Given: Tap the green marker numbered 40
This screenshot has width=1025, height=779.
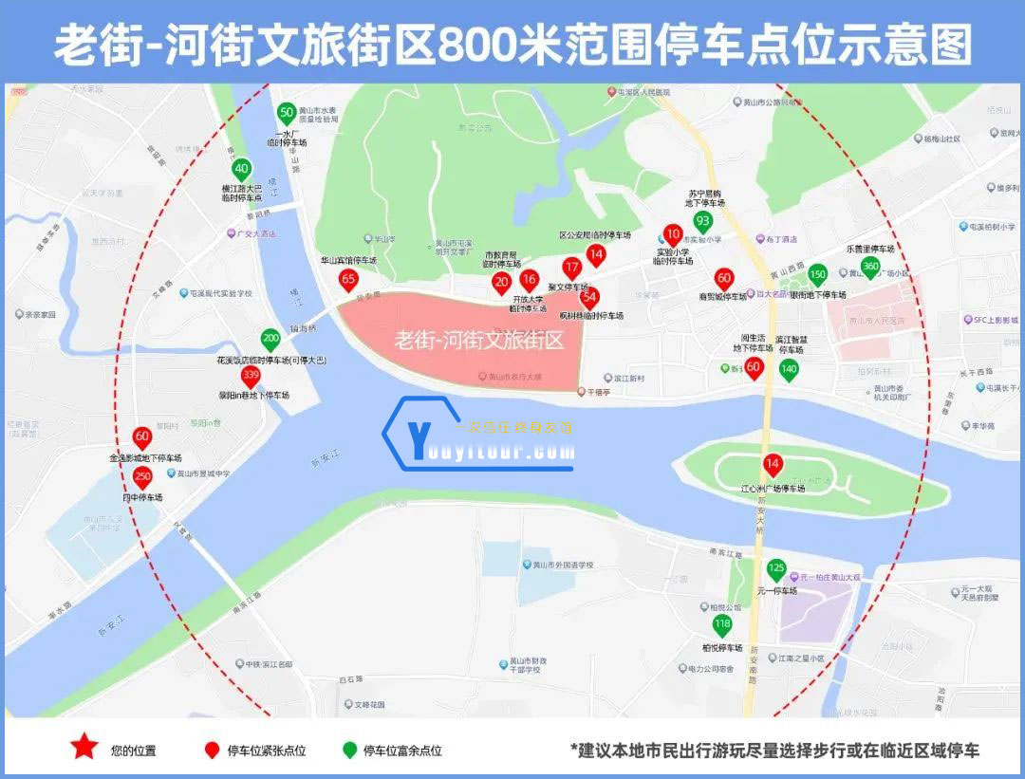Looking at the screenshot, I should [x=242, y=170].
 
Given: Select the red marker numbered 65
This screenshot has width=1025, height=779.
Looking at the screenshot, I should [x=348, y=279].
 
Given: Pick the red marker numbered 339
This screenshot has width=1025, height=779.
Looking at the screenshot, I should [x=251, y=374].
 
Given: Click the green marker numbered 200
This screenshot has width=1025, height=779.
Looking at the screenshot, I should [x=270, y=339].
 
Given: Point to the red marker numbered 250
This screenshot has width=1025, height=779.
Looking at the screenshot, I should [x=142, y=476].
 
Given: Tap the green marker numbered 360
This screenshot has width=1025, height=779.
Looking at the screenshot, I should [x=870, y=267].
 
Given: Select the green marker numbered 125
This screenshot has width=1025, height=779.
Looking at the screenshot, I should [x=776, y=569].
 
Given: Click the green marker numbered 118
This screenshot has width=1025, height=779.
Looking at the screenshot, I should [x=722, y=624].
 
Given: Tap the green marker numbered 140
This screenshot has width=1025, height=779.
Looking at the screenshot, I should [x=789, y=369].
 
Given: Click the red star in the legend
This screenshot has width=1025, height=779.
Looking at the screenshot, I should [x=84, y=748].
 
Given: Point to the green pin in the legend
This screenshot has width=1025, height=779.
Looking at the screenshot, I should [x=349, y=750].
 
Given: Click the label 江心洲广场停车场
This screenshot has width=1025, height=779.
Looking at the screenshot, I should [x=773, y=489].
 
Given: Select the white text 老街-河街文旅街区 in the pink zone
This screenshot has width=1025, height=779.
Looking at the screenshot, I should [x=478, y=339].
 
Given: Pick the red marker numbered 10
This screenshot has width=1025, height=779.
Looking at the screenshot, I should [x=673, y=233].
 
